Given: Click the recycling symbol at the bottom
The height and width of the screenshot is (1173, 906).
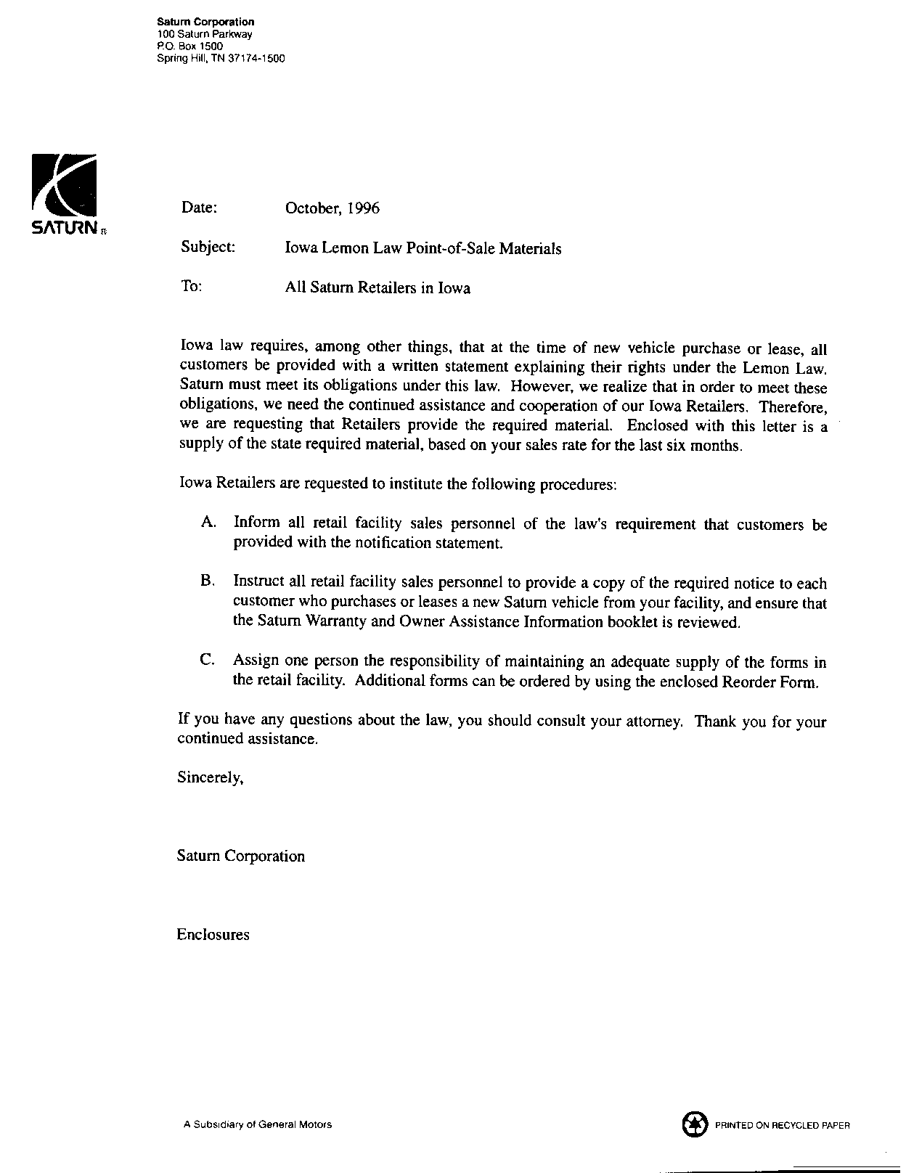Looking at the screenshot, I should coord(695,1124).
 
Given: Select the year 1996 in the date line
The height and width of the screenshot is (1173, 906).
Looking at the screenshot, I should coord(362,209).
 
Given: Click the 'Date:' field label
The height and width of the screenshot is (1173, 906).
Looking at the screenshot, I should coord(199,208).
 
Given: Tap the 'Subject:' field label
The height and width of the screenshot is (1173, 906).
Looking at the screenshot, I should coord(208,248).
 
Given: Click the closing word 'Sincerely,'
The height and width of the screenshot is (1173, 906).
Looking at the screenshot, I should coord(210,778).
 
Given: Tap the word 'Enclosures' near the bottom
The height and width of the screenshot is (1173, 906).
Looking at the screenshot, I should coord(213,935).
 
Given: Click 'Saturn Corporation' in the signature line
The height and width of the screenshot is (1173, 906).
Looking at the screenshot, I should coord(240,857).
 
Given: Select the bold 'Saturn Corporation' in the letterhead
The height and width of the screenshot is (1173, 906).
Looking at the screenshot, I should coord(205,23).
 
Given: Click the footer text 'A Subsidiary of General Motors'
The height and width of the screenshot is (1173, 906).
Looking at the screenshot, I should coord(257,1125).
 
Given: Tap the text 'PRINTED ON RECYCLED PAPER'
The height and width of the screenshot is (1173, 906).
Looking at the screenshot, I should coord(782,1126).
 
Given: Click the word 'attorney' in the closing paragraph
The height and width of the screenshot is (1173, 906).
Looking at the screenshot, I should coord(651,722).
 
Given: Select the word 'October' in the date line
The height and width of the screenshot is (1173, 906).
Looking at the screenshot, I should coord(312,209).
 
